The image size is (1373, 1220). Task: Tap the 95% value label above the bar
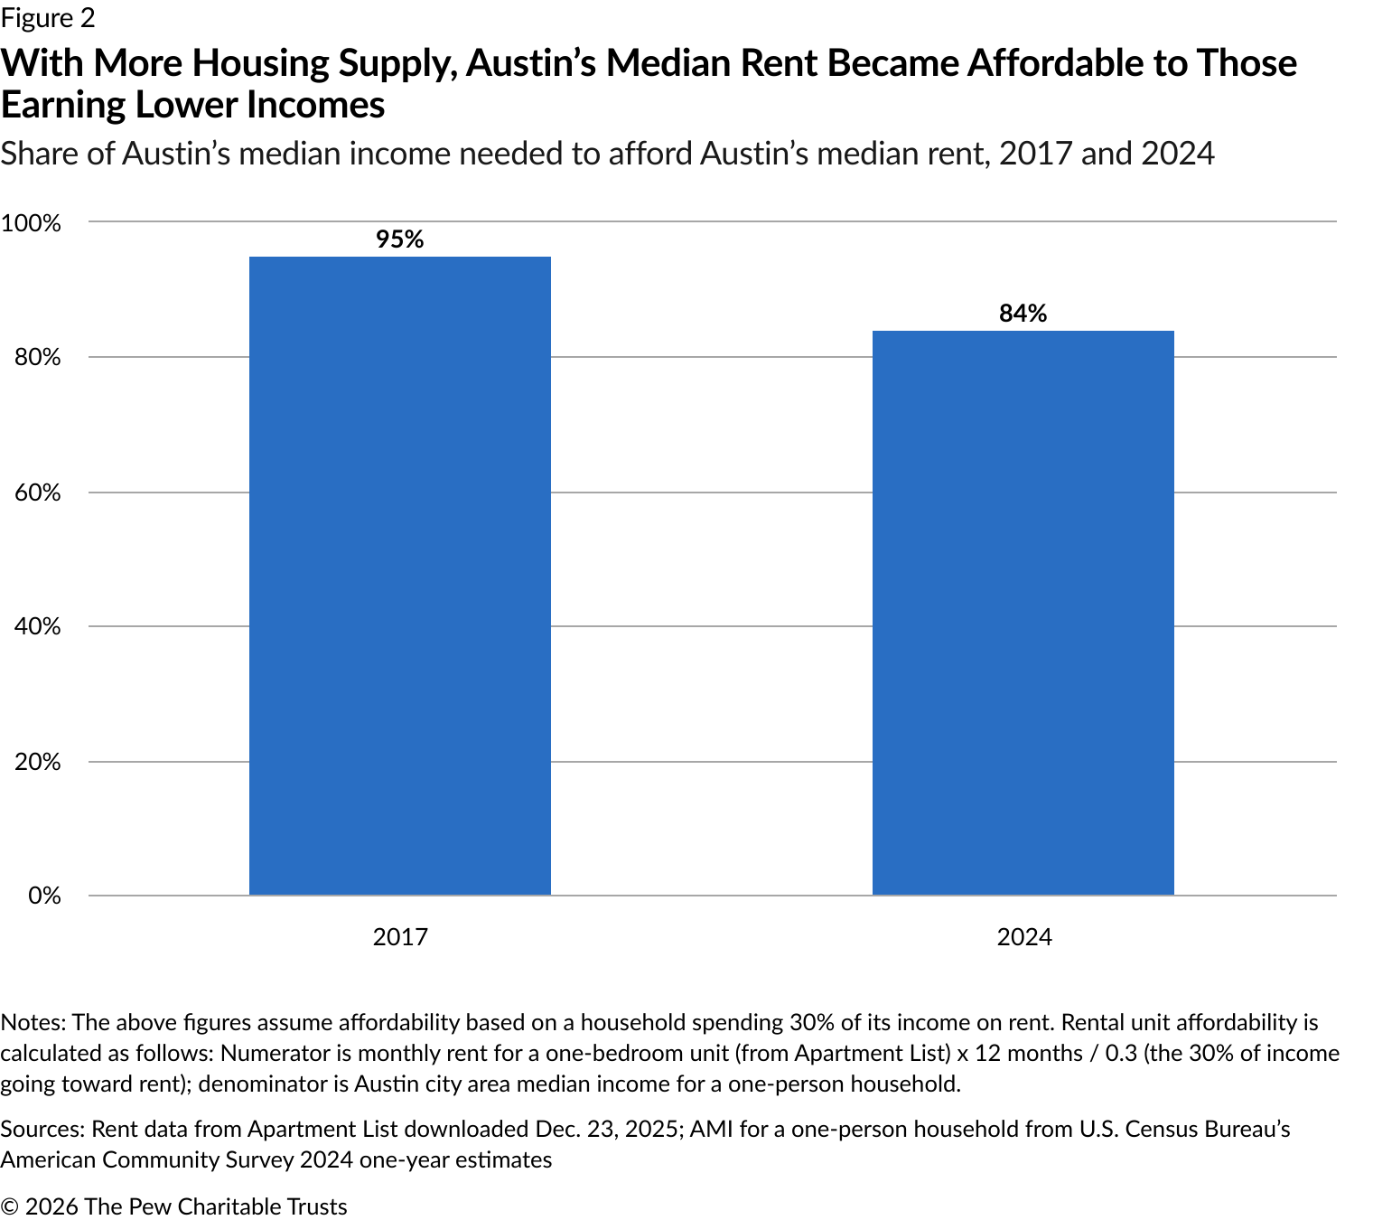pyautogui.click(x=399, y=239)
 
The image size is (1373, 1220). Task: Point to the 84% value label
pyautogui.click(x=1023, y=314)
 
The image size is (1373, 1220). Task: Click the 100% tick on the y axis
pyautogui.click(x=32, y=223)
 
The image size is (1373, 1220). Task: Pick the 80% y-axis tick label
pyautogui.click(x=37, y=358)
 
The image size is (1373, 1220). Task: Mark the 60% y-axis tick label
pyautogui.click(x=37, y=493)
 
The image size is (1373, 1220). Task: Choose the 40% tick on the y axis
pyautogui.click(x=37, y=626)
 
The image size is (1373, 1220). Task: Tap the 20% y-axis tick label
pyautogui.click(x=37, y=762)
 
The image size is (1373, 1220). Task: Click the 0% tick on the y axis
pyautogui.click(x=43, y=896)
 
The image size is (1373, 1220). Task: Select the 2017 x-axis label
pyautogui.click(x=399, y=936)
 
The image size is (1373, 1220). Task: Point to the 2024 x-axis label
pyautogui.click(x=1023, y=936)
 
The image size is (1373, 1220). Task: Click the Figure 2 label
pyautogui.click(x=47, y=18)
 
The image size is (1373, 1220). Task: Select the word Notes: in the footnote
pyautogui.click(x=33, y=1022)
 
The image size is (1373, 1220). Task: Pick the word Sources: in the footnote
pyautogui.click(x=42, y=1129)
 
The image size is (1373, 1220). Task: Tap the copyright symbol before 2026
pyautogui.click(x=9, y=1206)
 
